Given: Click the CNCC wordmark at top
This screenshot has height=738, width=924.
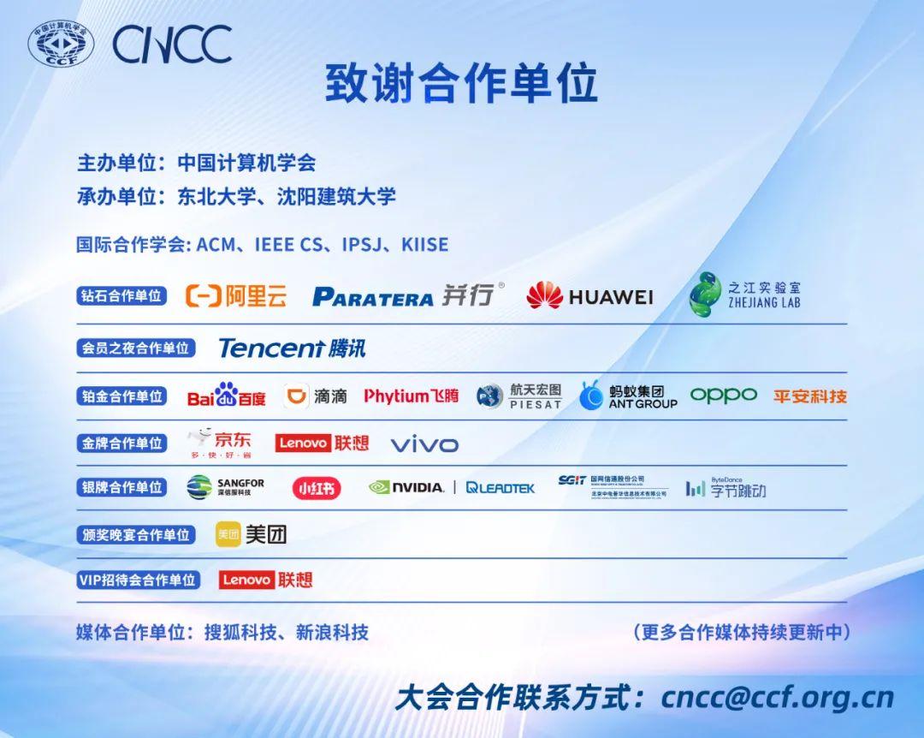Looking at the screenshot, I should click(x=172, y=44).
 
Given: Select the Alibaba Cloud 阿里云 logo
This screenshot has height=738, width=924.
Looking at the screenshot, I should click(x=236, y=296).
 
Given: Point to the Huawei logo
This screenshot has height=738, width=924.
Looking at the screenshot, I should click(x=589, y=296).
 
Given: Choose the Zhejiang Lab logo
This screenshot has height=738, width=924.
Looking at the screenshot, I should click(x=744, y=295).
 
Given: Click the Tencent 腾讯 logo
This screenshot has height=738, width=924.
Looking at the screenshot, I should click(x=292, y=348).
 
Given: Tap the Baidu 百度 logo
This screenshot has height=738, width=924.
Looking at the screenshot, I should click(x=227, y=396).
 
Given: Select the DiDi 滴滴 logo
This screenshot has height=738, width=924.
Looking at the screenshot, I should click(x=316, y=396).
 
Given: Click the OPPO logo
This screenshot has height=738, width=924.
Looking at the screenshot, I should click(x=723, y=395).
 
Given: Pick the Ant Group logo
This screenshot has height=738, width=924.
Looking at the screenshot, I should click(x=628, y=396).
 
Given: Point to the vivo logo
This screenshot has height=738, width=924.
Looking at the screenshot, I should click(x=424, y=444).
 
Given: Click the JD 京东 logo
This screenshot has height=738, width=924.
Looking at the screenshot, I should click(x=220, y=443).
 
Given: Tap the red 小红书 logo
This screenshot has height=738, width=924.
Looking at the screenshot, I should click(x=317, y=488).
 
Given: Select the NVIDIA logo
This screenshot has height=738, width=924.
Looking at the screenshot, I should click(x=406, y=487).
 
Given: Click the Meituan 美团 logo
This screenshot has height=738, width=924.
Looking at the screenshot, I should click(x=251, y=534).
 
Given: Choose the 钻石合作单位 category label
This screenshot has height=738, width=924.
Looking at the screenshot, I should click(x=121, y=296).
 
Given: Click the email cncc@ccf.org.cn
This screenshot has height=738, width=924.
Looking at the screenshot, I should click(x=777, y=697).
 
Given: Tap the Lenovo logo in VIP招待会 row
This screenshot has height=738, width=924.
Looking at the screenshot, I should click(x=266, y=580).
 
